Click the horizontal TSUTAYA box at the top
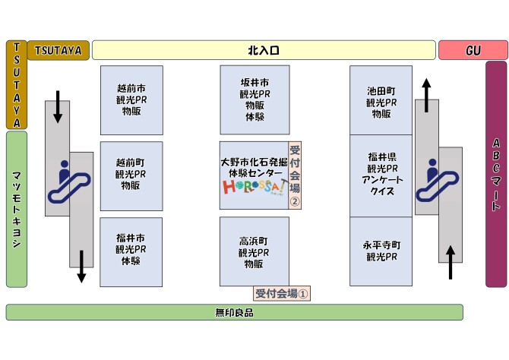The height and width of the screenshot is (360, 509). coord(58,50)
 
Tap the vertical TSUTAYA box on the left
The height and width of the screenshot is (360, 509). coord(17,84)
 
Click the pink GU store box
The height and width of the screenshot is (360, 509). coord(473,50)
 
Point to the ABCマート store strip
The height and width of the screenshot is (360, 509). coord(495,174)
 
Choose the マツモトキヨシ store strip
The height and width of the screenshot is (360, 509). coord(17,209)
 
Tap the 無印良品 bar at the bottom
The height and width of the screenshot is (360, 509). coord(234,312)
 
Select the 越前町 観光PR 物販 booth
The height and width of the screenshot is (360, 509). coord(131,175)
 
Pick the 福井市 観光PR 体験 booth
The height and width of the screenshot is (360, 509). coord(131,251)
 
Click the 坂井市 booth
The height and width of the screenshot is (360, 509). coord(254,99)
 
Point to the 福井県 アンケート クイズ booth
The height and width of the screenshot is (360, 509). coord(381,175)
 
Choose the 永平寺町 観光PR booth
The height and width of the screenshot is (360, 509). coord(381,251)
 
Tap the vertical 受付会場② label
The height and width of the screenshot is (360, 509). coord(295,175)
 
